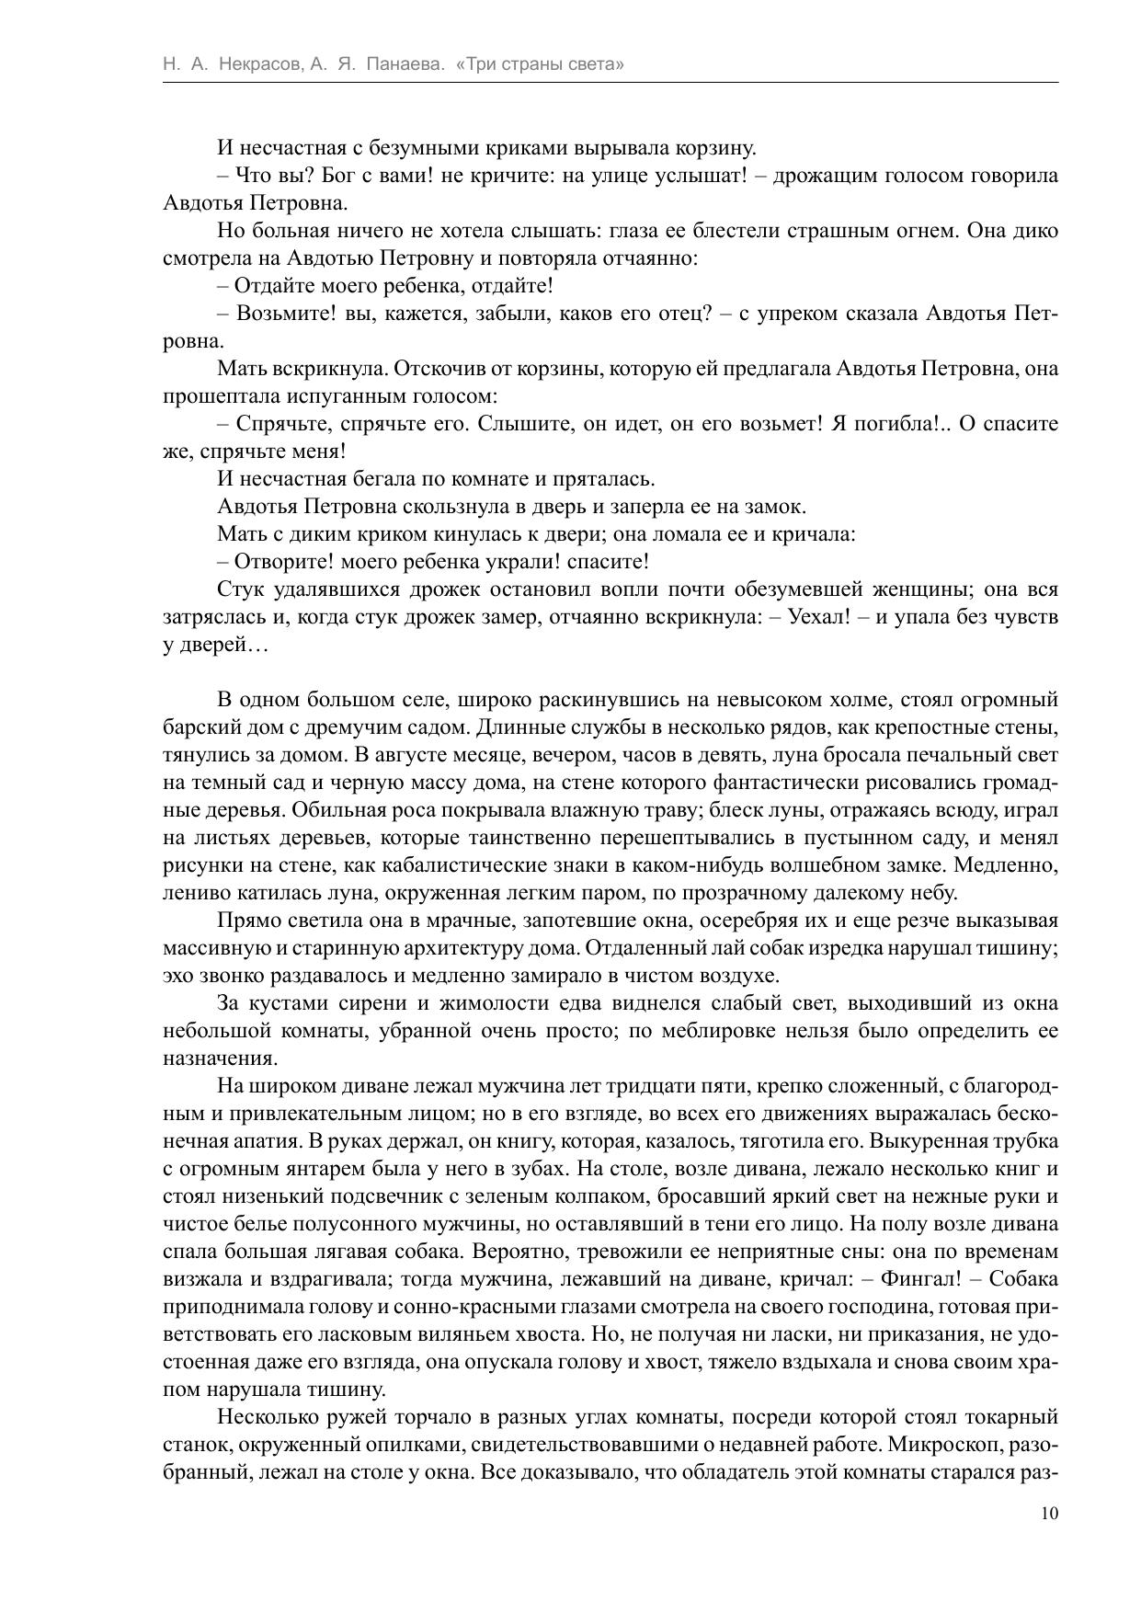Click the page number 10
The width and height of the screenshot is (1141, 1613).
[x=1049, y=1514]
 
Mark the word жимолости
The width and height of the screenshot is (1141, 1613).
[x=483, y=1003]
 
